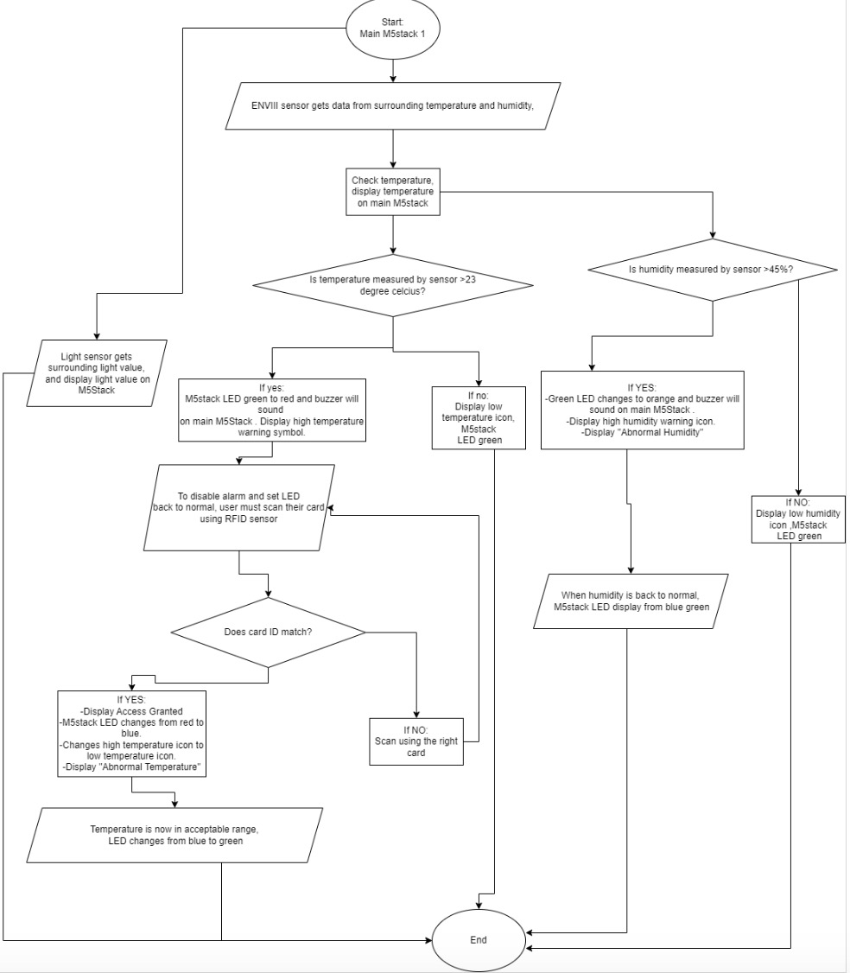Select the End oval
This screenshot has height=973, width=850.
(x=478, y=939)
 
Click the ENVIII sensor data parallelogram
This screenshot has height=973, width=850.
(x=393, y=105)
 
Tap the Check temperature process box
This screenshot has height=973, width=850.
(x=393, y=190)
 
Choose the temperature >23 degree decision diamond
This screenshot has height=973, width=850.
(x=393, y=285)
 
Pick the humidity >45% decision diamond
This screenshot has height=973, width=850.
(x=713, y=270)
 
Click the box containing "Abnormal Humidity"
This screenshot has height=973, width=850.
(x=642, y=410)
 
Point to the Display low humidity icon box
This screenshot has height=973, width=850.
(x=798, y=518)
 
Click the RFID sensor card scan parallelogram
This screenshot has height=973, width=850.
(x=238, y=507)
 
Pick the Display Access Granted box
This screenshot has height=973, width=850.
(x=132, y=734)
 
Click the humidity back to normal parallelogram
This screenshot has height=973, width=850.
(x=630, y=601)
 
